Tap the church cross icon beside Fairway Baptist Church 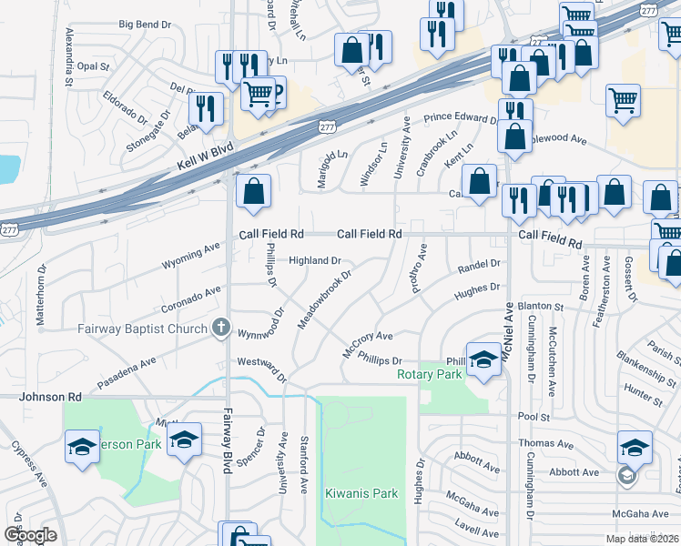click(219, 326)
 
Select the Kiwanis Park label click(361, 493)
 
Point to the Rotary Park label click(429, 374)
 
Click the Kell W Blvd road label click(201, 157)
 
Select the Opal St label click(93, 66)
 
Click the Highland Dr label click(315, 260)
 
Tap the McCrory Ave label click(367, 343)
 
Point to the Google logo click(30, 534)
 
